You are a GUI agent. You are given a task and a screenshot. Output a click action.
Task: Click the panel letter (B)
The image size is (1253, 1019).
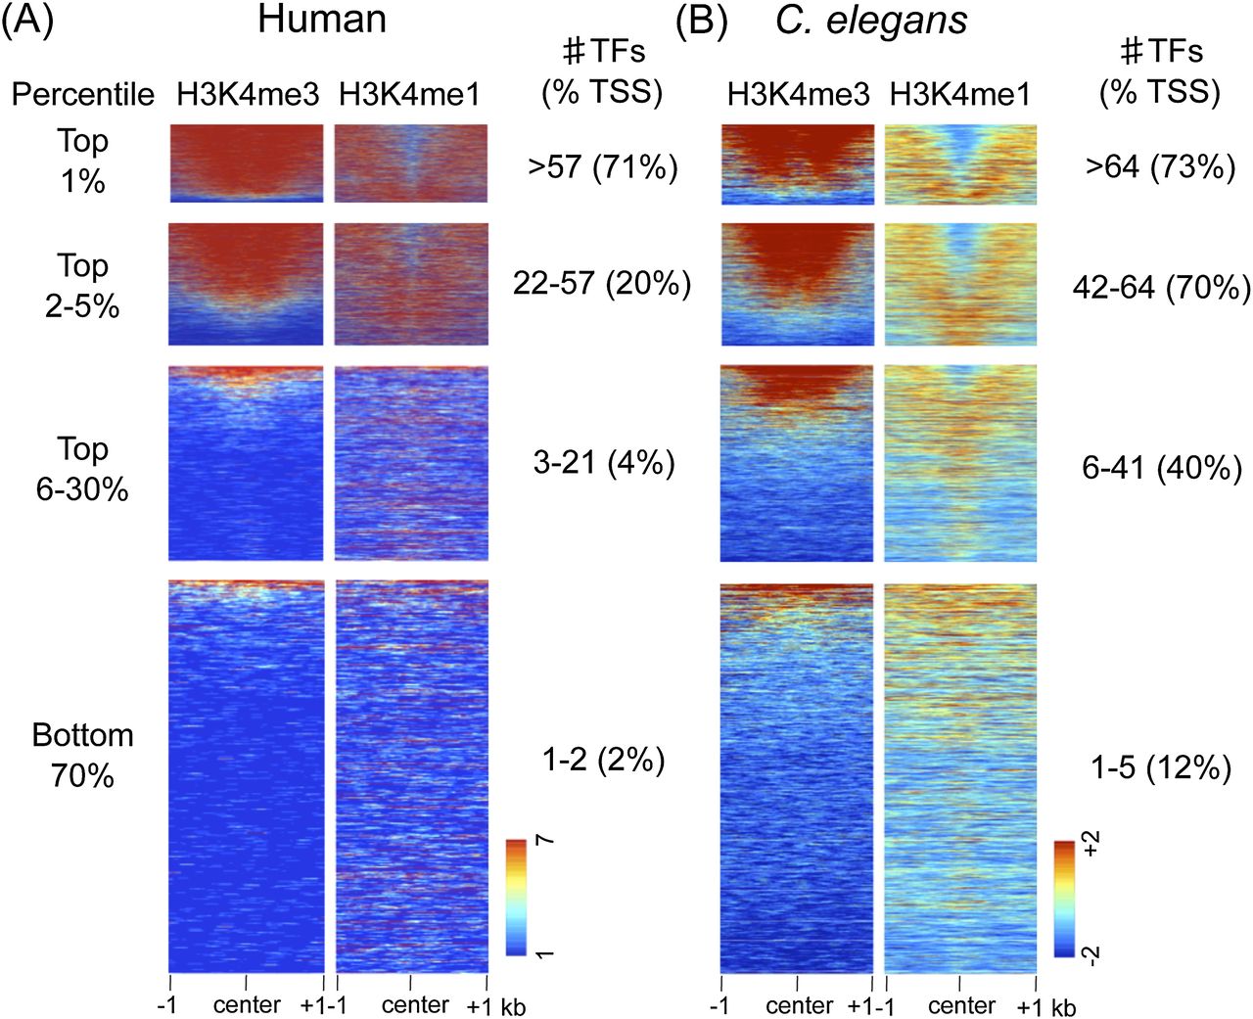pyautogui.click(x=701, y=21)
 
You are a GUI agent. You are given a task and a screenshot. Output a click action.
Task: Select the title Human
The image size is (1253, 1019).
pyautogui.click(x=321, y=20)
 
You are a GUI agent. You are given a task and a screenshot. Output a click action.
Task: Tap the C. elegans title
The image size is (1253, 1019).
pyautogui.click(x=871, y=21)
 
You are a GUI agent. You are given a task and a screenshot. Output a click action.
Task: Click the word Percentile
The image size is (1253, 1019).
pyautogui.click(x=83, y=94)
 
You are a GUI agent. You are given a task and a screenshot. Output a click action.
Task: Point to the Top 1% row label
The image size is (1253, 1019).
pyautogui.click(x=83, y=161)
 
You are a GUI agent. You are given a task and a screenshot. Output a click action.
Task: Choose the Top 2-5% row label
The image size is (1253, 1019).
pyautogui.click(x=83, y=285)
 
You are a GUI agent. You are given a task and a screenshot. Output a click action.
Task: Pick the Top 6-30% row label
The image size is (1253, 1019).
pyautogui.click(x=83, y=468)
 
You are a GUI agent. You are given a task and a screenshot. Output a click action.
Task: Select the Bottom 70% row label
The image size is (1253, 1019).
pyautogui.click(x=83, y=755)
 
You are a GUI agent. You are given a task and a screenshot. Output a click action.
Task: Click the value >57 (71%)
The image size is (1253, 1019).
pyautogui.click(x=602, y=167)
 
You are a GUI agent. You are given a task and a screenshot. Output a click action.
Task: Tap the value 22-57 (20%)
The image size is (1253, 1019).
pyautogui.click(x=602, y=284)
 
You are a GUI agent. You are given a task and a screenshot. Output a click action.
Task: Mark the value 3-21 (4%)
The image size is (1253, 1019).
pyautogui.click(x=604, y=462)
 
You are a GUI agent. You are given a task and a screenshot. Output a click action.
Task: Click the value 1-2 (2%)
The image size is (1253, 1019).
pyautogui.click(x=603, y=760)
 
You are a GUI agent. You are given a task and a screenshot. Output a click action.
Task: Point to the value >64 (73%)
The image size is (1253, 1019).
pyautogui.click(x=1160, y=167)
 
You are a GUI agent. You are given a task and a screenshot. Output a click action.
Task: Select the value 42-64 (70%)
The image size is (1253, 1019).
pyautogui.click(x=1161, y=288)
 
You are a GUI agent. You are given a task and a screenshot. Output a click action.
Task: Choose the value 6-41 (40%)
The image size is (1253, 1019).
pyautogui.click(x=1161, y=468)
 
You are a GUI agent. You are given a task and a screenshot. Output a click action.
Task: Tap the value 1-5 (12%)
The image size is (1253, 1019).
pyautogui.click(x=1161, y=767)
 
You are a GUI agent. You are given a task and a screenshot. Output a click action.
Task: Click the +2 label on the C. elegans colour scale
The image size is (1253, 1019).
pyautogui.click(x=1092, y=844)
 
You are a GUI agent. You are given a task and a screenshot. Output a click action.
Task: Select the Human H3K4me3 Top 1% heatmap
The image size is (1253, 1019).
pyautogui.click(x=246, y=162)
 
